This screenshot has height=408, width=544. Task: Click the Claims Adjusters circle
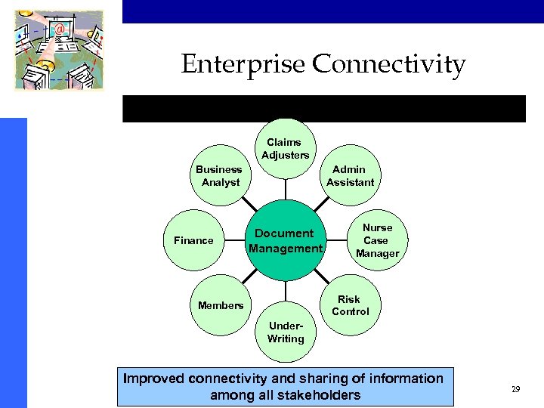[x=285, y=149]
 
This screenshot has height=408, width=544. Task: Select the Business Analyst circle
[x=219, y=176]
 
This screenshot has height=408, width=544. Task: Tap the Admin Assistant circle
[x=350, y=176]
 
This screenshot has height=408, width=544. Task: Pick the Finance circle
[x=194, y=240]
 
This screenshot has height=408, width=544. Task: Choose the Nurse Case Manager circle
[x=377, y=240]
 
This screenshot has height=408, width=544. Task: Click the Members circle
[x=220, y=305]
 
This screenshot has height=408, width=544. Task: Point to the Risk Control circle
[x=350, y=305]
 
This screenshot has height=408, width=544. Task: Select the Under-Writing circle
[x=285, y=332]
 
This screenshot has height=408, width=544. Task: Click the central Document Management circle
[x=286, y=240]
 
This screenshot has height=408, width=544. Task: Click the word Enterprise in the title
[x=243, y=65]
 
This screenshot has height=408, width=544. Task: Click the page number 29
[x=515, y=390]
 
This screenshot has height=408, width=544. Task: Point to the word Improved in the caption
[x=157, y=378]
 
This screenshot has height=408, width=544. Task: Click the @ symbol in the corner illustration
[x=60, y=29]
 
